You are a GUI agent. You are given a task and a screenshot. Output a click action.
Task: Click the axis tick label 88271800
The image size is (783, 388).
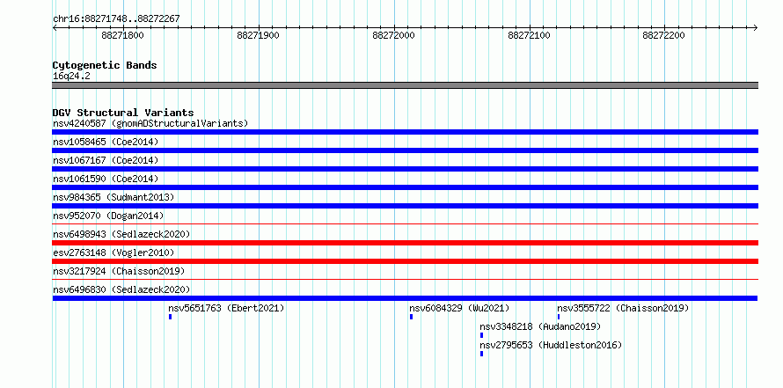point(122,35)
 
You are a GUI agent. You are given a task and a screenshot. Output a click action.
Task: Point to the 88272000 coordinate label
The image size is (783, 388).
point(393,35)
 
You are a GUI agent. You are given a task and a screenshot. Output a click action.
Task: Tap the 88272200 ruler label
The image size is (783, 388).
point(663,35)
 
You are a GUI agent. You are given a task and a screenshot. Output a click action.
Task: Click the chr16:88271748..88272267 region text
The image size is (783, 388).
point(116,19)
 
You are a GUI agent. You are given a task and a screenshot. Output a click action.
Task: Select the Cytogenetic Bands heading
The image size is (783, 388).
point(105,65)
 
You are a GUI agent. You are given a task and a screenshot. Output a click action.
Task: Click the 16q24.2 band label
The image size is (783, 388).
point(71,77)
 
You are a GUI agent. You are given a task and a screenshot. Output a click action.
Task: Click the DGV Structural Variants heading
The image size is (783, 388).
point(123,113)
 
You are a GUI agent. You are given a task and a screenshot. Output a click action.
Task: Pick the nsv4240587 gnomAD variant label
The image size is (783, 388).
point(150,123)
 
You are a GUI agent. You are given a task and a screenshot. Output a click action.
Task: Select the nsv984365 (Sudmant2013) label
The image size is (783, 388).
point(113,197)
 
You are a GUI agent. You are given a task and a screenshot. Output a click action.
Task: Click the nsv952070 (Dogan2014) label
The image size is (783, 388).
point(108,216)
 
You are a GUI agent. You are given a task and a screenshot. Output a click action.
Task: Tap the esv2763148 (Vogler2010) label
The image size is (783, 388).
point(113,253)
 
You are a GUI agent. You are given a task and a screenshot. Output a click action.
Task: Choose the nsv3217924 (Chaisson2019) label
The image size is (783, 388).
point(119,271)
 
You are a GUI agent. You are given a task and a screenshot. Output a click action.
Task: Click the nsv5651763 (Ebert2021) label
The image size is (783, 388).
point(226,308)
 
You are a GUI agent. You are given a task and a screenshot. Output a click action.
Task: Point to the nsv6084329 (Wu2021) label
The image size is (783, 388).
point(459,308)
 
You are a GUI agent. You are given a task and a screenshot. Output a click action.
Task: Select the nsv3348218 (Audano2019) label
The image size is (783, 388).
point(540,326)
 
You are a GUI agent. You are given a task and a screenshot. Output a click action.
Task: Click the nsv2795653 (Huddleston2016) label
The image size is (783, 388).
point(551,345)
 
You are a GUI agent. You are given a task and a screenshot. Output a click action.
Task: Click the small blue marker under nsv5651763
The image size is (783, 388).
point(171,317)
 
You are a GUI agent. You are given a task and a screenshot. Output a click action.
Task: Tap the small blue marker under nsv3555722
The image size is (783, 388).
point(559,317)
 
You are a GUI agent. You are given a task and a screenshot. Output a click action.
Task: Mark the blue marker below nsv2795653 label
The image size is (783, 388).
point(481,354)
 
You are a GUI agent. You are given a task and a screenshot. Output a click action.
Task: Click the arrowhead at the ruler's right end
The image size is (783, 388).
point(757,28)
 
